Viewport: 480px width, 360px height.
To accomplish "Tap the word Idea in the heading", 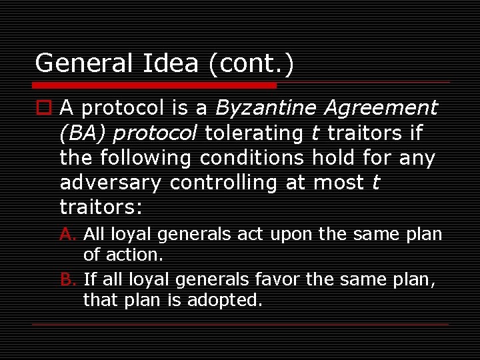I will pyautogui.click(x=170, y=64).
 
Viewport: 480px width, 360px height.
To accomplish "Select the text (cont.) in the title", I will pyautogui.click(x=251, y=64).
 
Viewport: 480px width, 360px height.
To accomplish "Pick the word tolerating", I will pyautogui.click(x=254, y=133).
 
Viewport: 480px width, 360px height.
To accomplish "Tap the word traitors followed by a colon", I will pyautogui.click(x=101, y=207).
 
